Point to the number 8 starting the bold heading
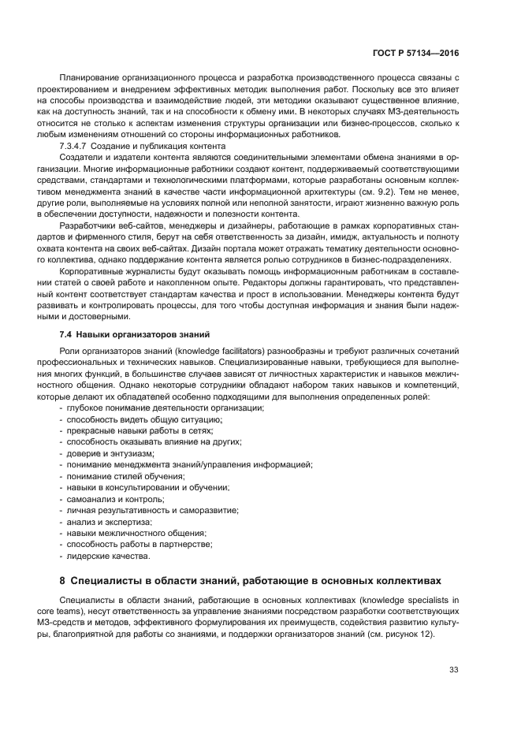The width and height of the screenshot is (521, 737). pyautogui.click(x=63, y=581)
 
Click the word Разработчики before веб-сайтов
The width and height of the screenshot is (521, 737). pyautogui.click(x=89, y=226)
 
